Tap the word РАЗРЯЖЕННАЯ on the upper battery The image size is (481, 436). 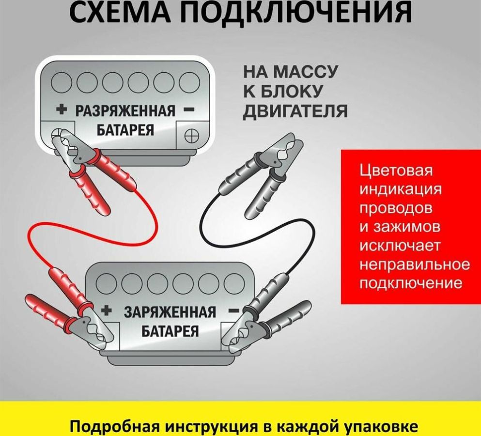click(x=125, y=111)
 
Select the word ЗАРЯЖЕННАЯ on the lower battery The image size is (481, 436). click(x=170, y=312)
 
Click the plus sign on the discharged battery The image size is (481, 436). click(x=62, y=109)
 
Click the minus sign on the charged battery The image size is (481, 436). click(x=234, y=311)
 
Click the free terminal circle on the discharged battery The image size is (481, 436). click(x=192, y=135)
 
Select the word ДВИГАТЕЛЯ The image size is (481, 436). click(x=295, y=110)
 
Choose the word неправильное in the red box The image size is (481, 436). click(x=415, y=265)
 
